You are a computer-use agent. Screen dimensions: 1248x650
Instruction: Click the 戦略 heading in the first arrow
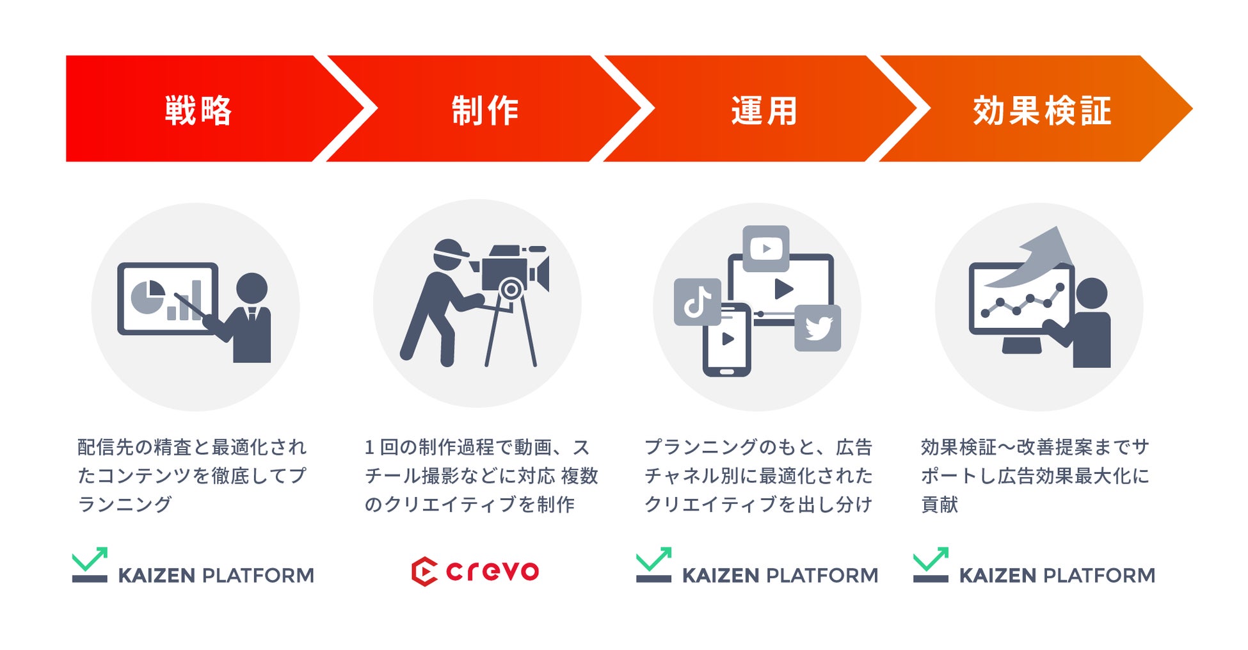click(198, 110)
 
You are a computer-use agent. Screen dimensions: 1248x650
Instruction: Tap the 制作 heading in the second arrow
click(485, 110)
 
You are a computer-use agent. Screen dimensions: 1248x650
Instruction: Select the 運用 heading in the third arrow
click(764, 110)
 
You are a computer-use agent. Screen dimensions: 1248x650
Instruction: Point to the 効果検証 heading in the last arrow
click(1042, 110)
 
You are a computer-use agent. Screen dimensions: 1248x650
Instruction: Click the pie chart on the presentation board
click(148, 297)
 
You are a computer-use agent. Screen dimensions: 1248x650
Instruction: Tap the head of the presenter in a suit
click(252, 288)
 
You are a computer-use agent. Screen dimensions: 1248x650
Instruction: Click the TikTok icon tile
click(697, 302)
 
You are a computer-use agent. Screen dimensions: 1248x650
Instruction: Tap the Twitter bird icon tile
click(817, 328)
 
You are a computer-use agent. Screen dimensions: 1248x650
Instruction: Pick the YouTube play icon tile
click(765, 248)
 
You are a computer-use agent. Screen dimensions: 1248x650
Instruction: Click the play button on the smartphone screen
click(728, 339)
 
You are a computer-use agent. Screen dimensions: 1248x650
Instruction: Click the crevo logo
click(475, 571)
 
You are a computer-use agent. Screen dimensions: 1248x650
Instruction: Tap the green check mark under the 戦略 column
click(90, 560)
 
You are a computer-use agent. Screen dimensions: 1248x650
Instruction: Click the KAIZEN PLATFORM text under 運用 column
click(780, 576)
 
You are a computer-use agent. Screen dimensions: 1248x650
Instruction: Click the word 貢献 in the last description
click(940, 505)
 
